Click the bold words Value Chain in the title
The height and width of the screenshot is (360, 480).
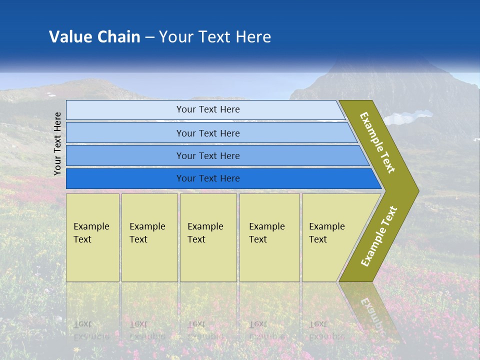pos(94,36)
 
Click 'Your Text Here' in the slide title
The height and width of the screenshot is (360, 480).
pos(215,36)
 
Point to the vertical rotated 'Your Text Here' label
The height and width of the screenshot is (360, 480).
pos(58,143)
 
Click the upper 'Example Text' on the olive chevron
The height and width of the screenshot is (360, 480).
pos(377,142)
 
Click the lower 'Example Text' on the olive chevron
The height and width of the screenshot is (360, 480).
pos(379,236)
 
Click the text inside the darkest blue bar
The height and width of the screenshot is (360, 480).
pos(208,178)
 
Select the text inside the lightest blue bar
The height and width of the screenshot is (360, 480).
pos(208,109)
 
